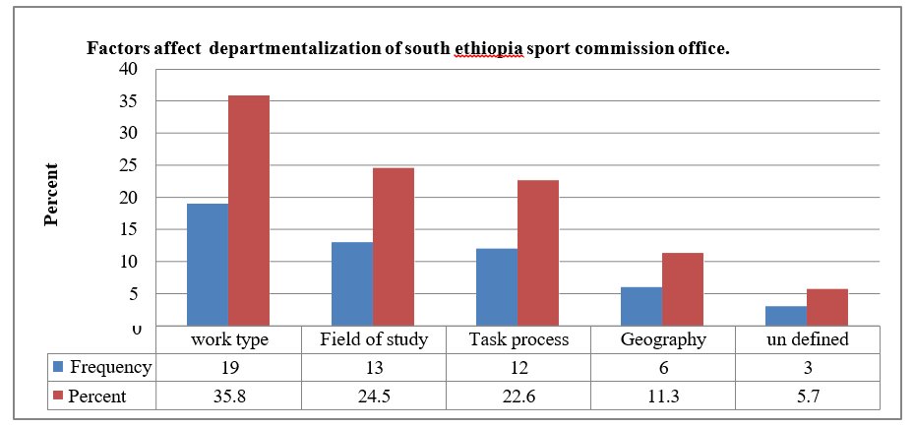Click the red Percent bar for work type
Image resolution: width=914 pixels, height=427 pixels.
pyautogui.click(x=249, y=211)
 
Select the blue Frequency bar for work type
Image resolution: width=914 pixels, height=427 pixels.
pyautogui.click(x=208, y=265)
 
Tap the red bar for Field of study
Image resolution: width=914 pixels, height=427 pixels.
pyautogui.click(x=394, y=247)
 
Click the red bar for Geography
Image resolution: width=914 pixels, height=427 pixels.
pyautogui.click(x=683, y=289)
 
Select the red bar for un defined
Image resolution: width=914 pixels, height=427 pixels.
pyautogui.click(x=827, y=307)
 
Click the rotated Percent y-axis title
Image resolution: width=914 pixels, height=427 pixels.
pyautogui.click(x=50, y=196)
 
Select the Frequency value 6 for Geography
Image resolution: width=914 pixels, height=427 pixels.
pyautogui.click(x=662, y=368)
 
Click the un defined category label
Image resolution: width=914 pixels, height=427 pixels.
pyautogui.click(x=807, y=340)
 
